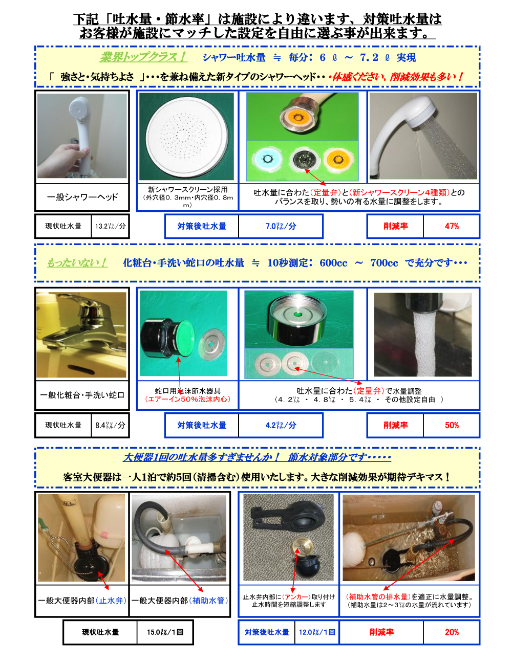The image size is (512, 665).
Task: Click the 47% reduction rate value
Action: pyautogui.click(x=452, y=226)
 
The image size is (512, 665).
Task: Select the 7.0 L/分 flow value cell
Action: pyautogui.click(x=281, y=226)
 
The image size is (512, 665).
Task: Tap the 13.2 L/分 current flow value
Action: pyautogui.click(x=110, y=226)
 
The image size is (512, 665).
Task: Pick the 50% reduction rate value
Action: pyautogui.click(x=452, y=425)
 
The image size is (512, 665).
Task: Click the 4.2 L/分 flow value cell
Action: pyautogui.click(x=281, y=425)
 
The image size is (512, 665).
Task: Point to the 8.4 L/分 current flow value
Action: pyautogui.click(x=110, y=425)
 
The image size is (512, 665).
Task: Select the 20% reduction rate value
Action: pyautogui.click(x=452, y=632)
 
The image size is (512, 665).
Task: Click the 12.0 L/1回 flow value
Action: pyautogui.click(x=317, y=632)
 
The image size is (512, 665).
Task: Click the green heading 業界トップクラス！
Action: pyautogui.click(x=143, y=57)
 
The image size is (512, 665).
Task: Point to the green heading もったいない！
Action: pyautogui.click(x=77, y=263)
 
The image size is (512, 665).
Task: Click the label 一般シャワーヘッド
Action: pyautogui.click(x=82, y=197)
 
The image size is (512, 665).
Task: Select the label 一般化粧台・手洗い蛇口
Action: pyautogui.click(x=82, y=395)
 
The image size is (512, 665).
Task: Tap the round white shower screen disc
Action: pyautogui.click(x=186, y=137)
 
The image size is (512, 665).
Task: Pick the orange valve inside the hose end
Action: pyautogui.click(x=297, y=117)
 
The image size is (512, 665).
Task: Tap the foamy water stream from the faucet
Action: pyautogui.click(x=424, y=343)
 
